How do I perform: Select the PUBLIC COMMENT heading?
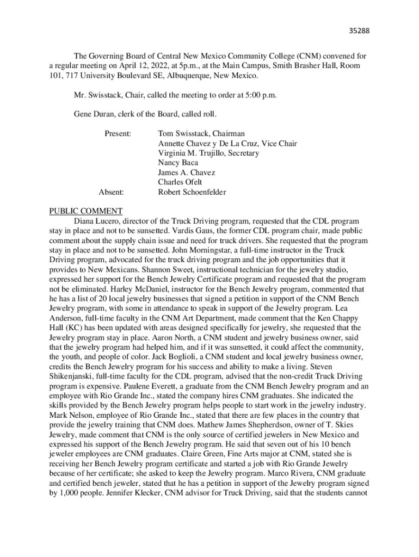(x=86, y=211)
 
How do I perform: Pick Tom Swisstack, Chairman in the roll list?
(x=201, y=133)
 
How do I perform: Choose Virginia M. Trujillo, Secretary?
(x=208, y=153)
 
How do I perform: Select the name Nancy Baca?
(x=178, y=163)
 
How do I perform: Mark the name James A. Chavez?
(x=186, y=172)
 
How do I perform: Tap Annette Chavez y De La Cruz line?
(x=227, y=143)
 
